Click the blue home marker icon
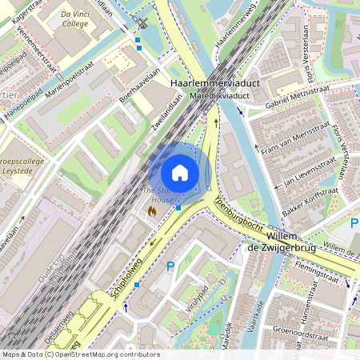(x=180, y=172)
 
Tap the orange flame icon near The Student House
(x=151, y=210)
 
